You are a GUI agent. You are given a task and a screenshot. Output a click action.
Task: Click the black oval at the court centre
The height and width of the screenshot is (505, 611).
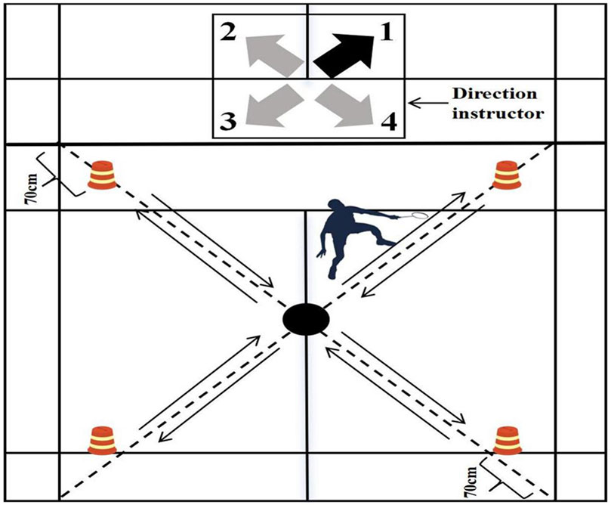[x=306, y=318]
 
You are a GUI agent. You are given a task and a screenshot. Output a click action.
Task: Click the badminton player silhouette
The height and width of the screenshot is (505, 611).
[x=344, y=231]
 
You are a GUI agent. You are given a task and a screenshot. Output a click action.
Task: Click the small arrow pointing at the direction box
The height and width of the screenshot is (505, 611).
[x=427, y=103]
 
